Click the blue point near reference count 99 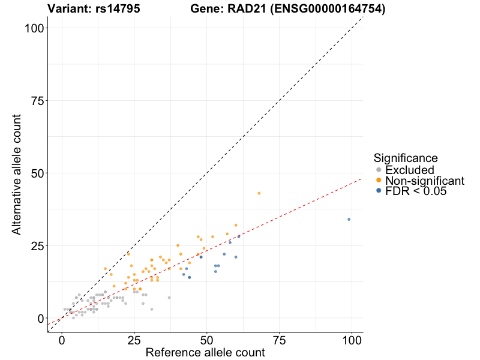pos(349,219)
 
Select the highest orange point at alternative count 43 pos(259,193)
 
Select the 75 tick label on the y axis pos(34,101)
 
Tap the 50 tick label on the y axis pos(34,173)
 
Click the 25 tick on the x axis pos(134,340)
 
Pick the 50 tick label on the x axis pos(206,340)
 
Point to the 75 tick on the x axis pos(279,340)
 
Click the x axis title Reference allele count pos(205,353)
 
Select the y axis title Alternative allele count pos(17,173)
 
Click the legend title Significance pos(406,158)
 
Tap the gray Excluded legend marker pos(378,170)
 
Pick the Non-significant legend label pos(425,181)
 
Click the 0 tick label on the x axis pos(62,340)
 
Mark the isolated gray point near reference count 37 pos(169,298)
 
